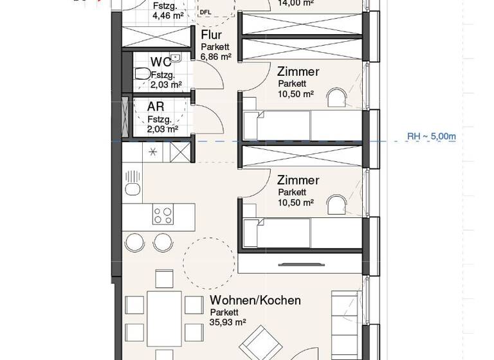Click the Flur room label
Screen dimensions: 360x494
212,35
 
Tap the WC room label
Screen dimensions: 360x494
160,62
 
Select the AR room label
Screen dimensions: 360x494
156,107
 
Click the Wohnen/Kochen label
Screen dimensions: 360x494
255,300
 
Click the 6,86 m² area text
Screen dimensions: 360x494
215,57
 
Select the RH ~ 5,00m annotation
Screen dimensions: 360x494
432,136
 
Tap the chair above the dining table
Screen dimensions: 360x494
163,278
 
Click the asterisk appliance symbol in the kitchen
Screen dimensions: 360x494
153,152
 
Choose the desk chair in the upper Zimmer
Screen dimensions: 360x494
334,97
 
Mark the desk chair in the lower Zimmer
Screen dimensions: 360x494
334,204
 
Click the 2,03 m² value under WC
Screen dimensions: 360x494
165,84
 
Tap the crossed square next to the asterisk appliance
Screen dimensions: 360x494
181,152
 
